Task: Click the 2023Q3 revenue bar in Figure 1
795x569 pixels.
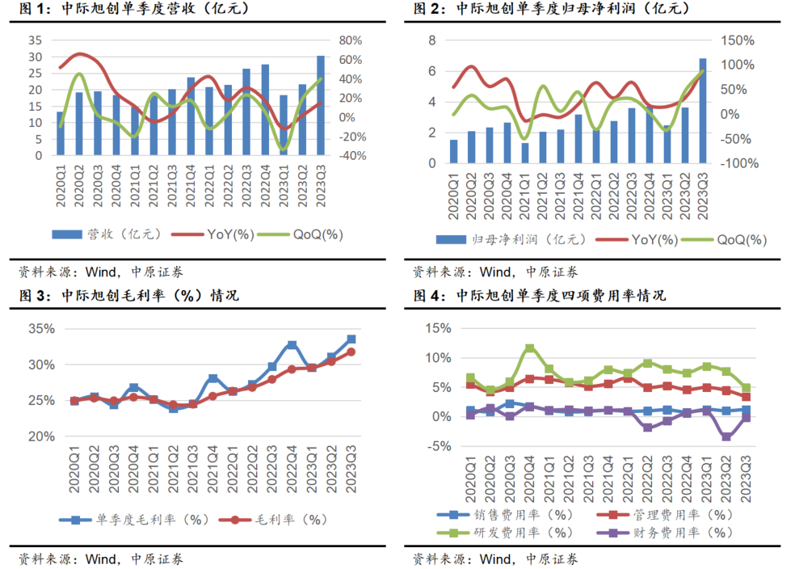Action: point(321,105)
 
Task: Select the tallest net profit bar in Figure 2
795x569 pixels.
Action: point(703,111)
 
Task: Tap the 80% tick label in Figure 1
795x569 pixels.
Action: point(352,40)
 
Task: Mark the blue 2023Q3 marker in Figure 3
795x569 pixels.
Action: point(351,339)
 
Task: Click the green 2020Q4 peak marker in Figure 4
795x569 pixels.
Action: point(530,349)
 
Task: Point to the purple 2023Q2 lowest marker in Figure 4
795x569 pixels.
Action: point(726,436)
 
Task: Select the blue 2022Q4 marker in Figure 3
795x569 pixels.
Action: point(292,345)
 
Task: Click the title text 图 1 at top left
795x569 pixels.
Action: point(31,10)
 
